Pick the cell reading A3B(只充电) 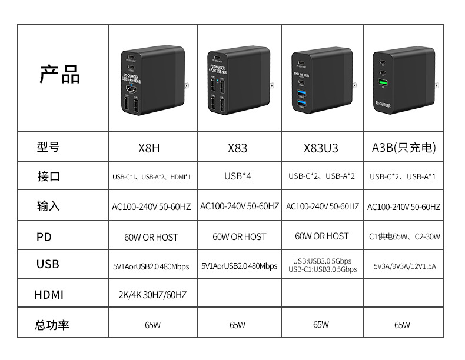pyautogui.click(x=404, y=148)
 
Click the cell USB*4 pyautogui.click(x=238, y=176)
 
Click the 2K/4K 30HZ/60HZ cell pyautogui.click(x=151, y=295)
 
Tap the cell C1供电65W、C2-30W pyautogui.click(x=404, y=236)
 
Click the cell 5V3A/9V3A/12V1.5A pyautogui.click(x=404, y=266)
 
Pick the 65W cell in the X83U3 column pyautogui.click(x=321, y=324)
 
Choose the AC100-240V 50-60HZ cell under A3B pyautogui.click(x=404, y=206)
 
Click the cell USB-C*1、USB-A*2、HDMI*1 pyautogui.click(x=151, y=176)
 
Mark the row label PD pyautogui.click(x=44, y=237)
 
